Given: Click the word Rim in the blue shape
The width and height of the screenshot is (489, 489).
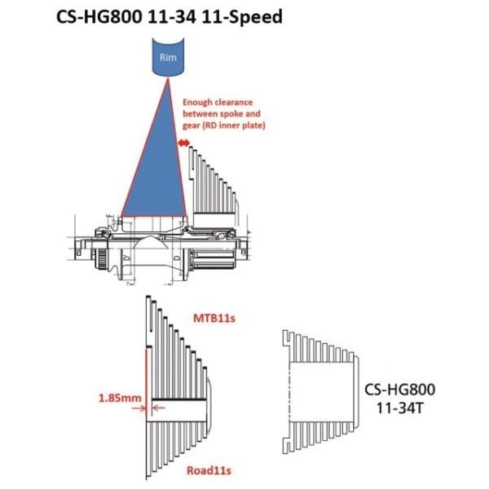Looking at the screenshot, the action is (168, 57).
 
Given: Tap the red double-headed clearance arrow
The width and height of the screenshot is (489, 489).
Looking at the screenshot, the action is (183, 143).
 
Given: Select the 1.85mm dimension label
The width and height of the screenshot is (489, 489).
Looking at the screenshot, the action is (120, 398).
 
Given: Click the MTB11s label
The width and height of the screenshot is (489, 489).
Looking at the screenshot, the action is (214, 318).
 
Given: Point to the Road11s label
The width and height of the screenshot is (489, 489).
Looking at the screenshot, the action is (209, 470).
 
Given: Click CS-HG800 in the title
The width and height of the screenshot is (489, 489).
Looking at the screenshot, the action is (99, 17).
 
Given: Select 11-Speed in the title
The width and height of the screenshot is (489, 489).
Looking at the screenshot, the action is (242, 17).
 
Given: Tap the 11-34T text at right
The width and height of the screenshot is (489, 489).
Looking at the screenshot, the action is (399, 407).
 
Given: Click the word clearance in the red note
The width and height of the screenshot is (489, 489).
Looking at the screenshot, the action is (234, 103).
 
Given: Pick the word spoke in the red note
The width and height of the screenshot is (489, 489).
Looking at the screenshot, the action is (232, 114).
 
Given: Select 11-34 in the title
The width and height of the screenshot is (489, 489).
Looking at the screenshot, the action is (171, 17).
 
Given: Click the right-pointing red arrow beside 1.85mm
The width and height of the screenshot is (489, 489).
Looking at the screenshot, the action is (139, 408).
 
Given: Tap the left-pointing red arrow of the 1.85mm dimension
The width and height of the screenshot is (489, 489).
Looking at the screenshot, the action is (159, 407).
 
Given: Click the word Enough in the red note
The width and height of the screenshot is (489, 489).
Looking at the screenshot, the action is (197, 103).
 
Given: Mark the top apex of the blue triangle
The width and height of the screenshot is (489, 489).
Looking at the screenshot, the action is (168, 78).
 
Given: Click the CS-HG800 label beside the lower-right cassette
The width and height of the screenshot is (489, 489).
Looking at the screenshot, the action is (399, 390).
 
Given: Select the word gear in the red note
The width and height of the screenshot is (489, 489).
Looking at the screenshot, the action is (190, 126).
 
